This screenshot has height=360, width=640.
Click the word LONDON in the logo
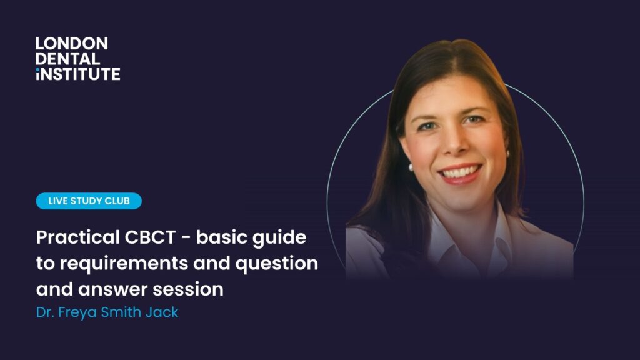click(72, 44)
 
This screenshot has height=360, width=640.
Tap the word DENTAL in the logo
click(67, 59)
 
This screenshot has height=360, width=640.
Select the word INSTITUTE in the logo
click(78, 74)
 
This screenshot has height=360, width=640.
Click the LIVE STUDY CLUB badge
click(89, 201)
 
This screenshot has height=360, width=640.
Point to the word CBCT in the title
click(150, 237)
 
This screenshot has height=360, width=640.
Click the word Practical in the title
click(77, 237)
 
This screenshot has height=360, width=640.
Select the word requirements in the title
click(124, 264)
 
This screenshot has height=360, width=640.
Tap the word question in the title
click(277, 264)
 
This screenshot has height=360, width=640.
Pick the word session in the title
click(188, 289)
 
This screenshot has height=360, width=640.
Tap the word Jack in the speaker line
click(162, 312)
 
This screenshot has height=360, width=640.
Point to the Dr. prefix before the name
click(44, 312)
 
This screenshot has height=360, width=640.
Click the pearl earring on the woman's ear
click(411, 167)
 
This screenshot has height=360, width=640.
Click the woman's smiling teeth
click(460, 172)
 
